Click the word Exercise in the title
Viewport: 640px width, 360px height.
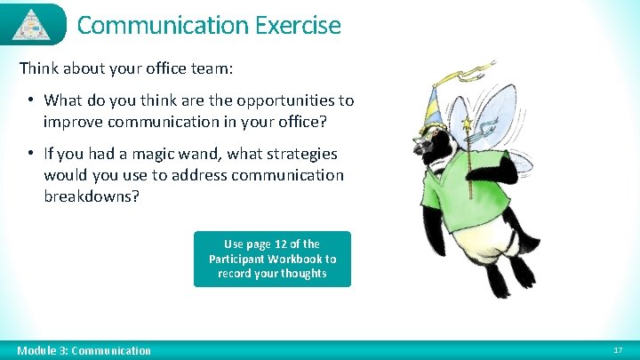point(297,25)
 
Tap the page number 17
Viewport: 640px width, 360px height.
point(618,350)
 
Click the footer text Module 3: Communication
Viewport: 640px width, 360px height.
point(84,350)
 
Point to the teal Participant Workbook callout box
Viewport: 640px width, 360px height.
point(272,259)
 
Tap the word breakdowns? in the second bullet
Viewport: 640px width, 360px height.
point(92,196)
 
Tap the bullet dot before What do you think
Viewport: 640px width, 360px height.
point(30,100)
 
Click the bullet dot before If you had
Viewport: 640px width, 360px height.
point(30,154)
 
